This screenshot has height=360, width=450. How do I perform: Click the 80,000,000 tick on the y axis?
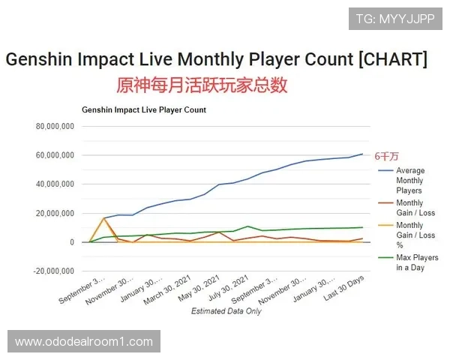(x=54, y=127)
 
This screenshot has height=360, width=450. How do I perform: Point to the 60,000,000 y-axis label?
(x=54, y=155)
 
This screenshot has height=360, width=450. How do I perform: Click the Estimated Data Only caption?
(x=226, y=310)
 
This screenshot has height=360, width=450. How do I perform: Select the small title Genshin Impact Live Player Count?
(x=144, y=109)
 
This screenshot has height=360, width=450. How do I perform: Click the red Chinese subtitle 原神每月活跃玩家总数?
(x=202, y=84)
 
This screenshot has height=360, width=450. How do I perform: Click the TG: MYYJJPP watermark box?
(x=395, y=18)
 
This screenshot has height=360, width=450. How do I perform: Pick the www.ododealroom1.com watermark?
(x=84, y=342)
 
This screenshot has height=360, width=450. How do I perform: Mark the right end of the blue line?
(x=362, y=154)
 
